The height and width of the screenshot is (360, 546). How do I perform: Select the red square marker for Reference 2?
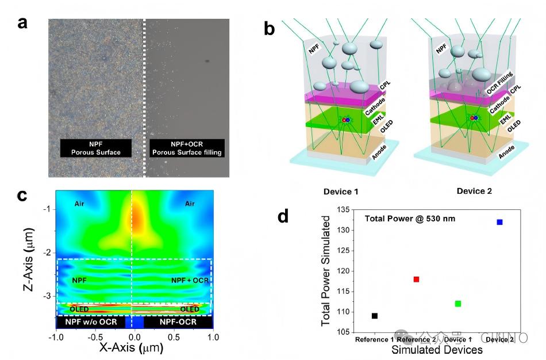pos(416,279)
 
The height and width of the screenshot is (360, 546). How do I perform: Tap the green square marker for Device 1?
pos(457,304)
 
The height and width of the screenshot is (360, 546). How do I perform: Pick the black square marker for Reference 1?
pos(375,316)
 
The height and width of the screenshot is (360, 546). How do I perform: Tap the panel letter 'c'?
pos(24,196)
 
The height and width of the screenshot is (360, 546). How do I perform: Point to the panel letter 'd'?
pos(283,216)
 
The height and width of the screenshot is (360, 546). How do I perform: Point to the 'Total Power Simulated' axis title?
pos(326,270)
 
